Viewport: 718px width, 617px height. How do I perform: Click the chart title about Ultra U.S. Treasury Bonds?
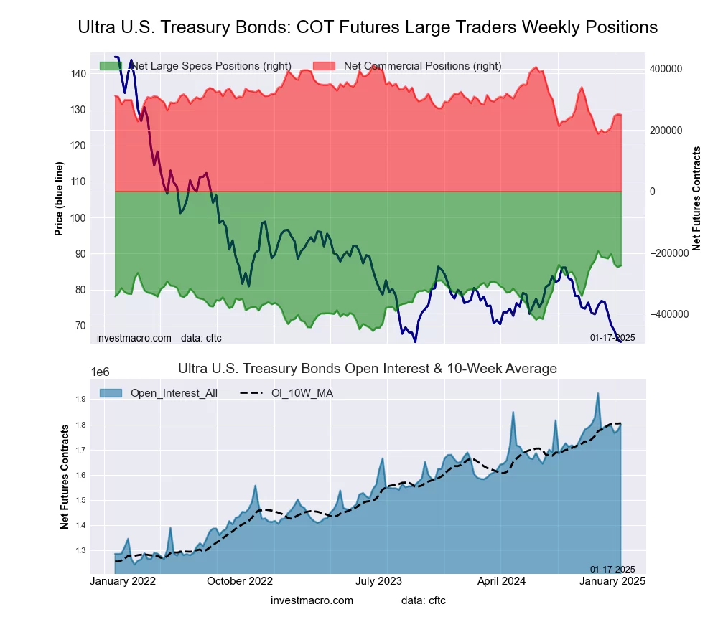click(x=367, y=27)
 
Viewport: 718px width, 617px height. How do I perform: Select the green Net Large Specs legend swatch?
click(x=111, y=66)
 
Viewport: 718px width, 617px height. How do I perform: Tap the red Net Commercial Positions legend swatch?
click(x=324, y=66)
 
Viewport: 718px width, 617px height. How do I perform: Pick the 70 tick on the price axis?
click(x=80, y=326)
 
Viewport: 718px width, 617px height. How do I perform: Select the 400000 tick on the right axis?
click(x=666, y=69)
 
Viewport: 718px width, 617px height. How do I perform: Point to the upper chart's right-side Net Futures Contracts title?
click(x=696, y=199)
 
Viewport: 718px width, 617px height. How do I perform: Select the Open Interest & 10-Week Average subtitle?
click(x=367, y=369)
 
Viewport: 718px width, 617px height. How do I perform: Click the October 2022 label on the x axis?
click(x=240, y=581)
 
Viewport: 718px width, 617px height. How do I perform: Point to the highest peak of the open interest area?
click(x=597, y=393)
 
